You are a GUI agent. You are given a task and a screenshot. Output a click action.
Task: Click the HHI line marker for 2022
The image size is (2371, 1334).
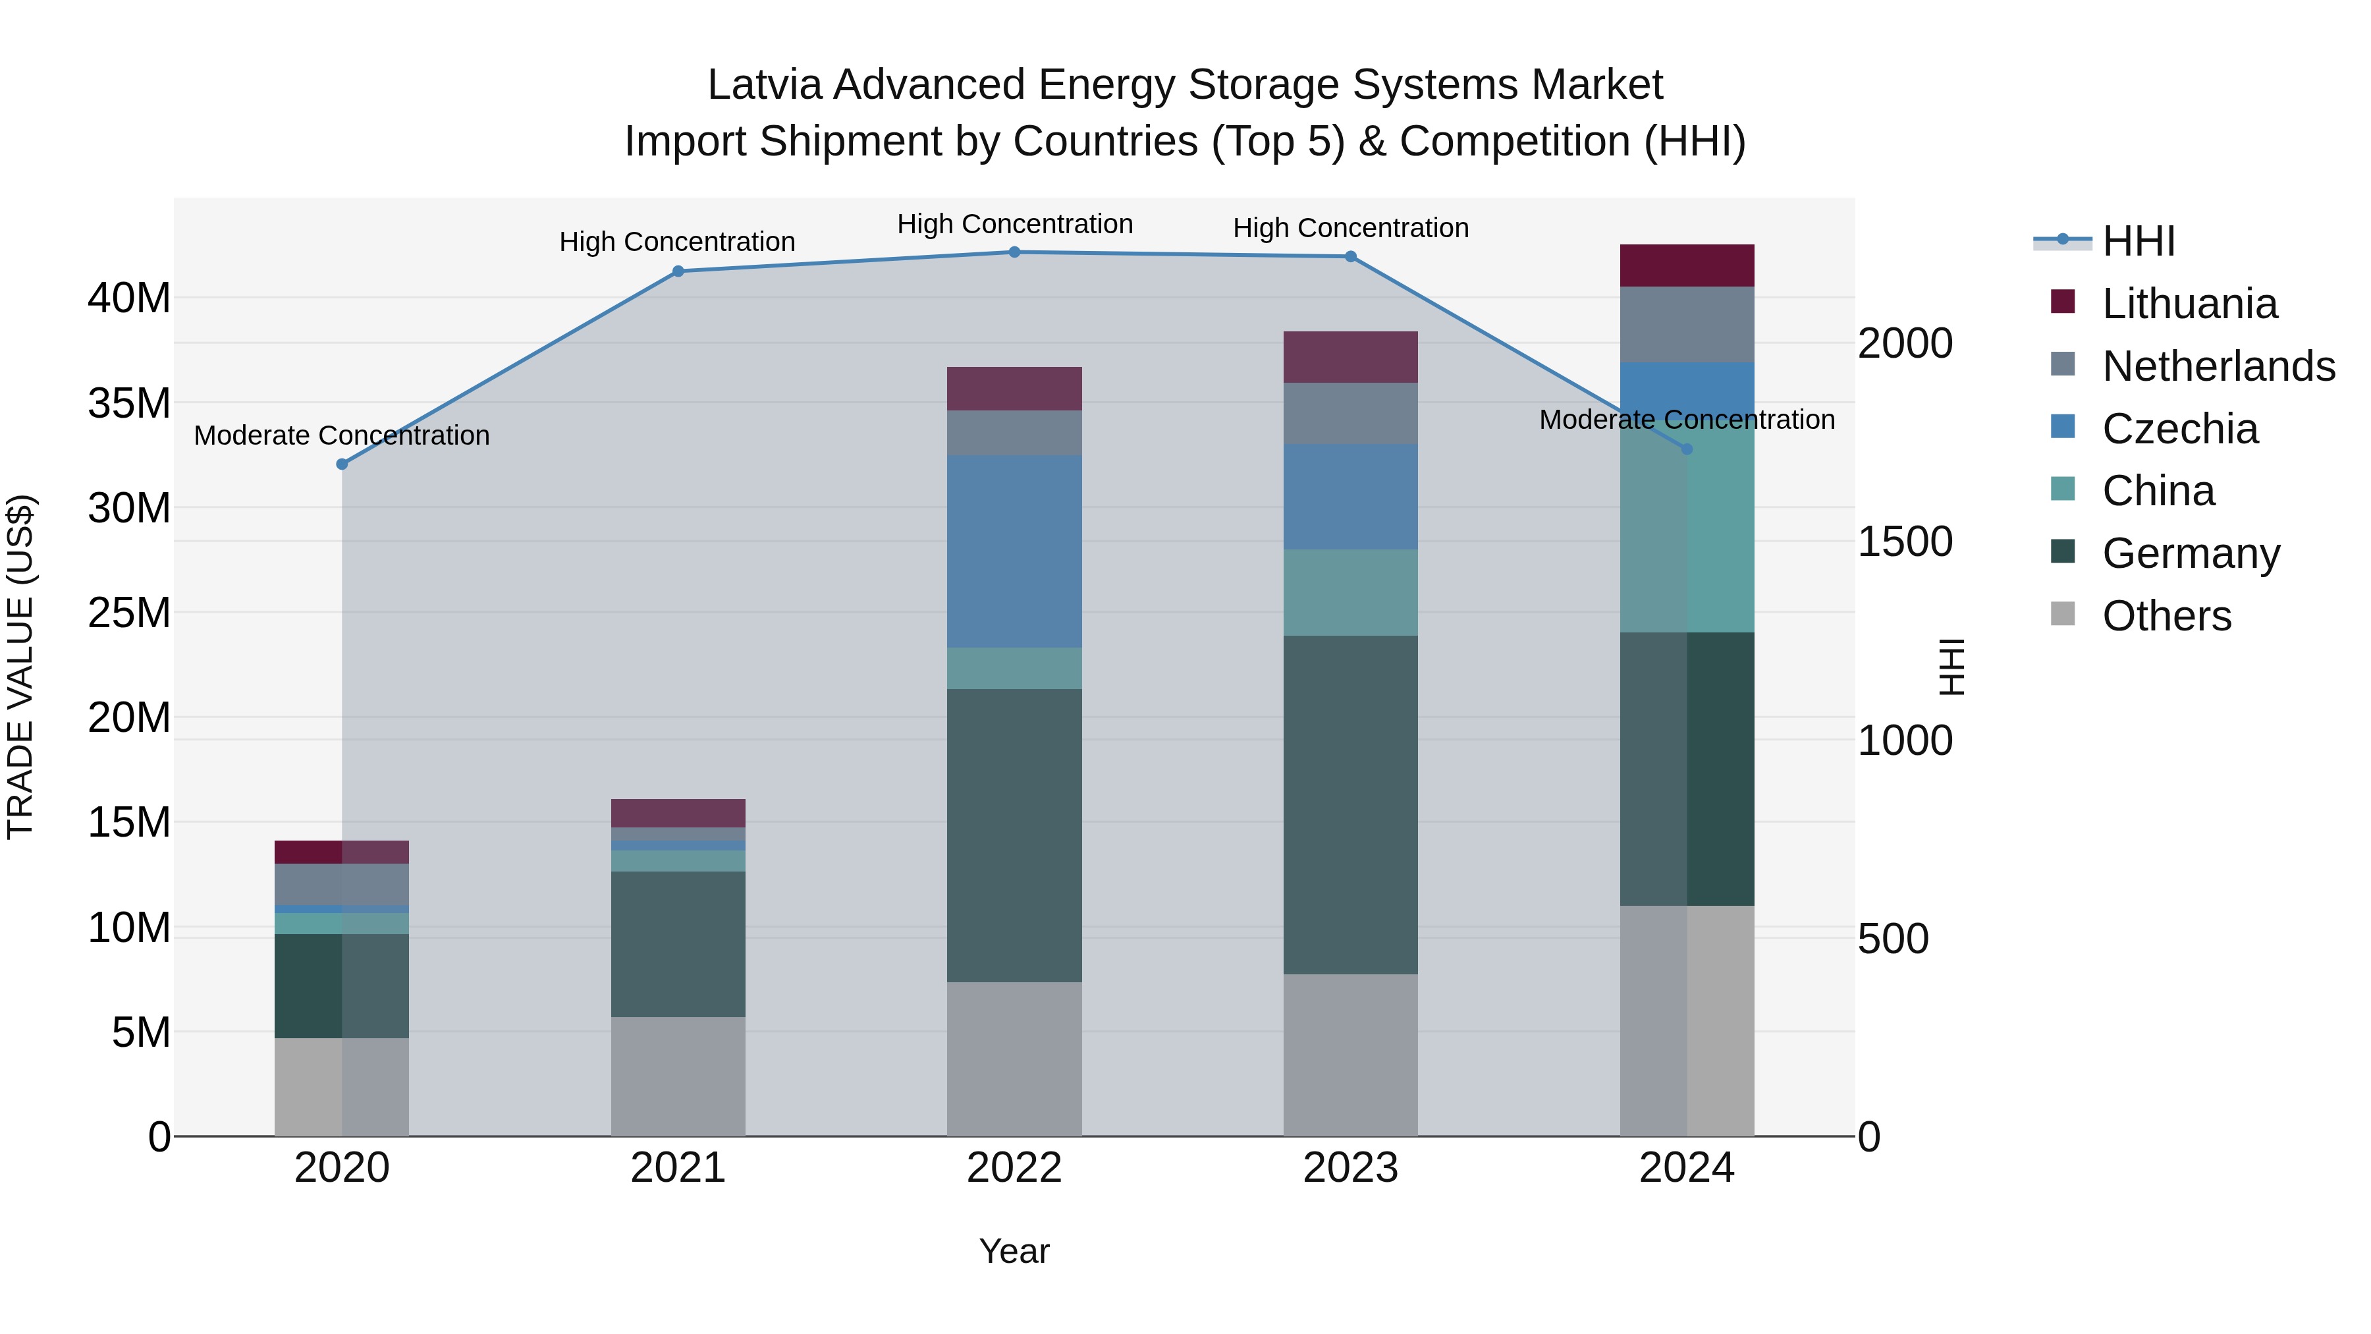pos(1014,252)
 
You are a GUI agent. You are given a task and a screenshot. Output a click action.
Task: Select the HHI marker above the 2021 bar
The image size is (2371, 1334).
pos(678,271)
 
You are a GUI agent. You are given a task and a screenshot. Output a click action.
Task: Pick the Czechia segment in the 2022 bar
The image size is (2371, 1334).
pos(1014,551)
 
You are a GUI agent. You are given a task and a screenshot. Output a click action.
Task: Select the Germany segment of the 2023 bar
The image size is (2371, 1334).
pos(1350,804)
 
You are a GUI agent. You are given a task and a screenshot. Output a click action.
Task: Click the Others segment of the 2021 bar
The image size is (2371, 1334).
pos(678,1076)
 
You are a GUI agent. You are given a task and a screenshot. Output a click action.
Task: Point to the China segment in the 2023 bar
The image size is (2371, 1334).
pos(1350,592)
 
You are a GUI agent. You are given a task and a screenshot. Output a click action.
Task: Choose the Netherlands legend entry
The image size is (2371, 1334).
pos(2218,366)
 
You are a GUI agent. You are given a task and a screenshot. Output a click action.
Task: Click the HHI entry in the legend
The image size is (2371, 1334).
pos(2138,241)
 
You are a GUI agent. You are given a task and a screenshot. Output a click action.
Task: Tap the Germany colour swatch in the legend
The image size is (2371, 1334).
pos(2063,553)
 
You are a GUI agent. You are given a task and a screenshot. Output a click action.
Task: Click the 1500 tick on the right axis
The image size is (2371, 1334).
pos(1904,542)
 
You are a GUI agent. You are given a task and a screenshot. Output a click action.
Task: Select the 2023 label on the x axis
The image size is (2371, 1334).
pos(1350,1168)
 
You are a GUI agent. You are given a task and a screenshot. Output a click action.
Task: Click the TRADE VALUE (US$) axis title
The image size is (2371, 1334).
pos(20,667)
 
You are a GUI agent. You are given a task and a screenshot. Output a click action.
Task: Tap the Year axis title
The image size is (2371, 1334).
pos(1014,1251)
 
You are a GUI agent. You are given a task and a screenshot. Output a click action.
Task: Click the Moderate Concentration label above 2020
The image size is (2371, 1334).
pos(341,435)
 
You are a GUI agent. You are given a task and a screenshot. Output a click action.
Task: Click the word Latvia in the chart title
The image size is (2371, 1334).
pos(763,86)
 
